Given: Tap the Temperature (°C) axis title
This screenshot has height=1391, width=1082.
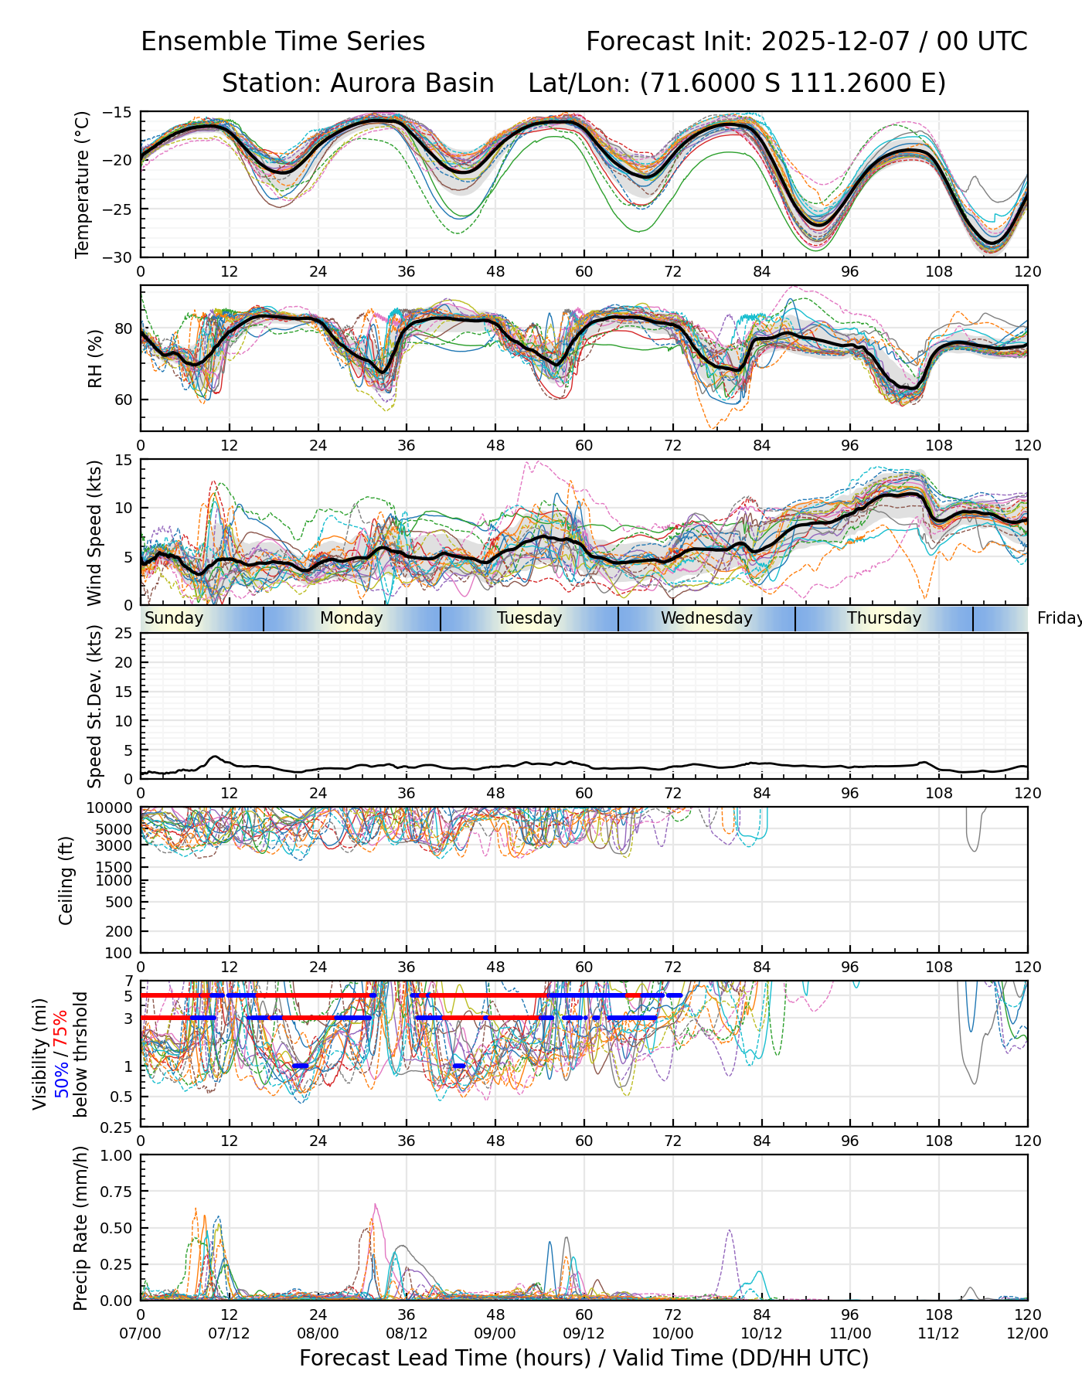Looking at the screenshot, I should tap(83, 184).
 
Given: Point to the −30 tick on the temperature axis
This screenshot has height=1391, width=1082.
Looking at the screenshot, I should tap(122, 257).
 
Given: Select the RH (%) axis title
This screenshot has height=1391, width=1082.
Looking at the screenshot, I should tap(95, 359).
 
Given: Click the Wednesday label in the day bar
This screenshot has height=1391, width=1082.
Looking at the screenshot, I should tap(706, 618).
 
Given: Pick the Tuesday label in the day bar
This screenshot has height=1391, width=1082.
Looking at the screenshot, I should tap(529, 618).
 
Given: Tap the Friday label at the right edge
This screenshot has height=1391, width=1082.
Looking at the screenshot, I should tap(1059, 618).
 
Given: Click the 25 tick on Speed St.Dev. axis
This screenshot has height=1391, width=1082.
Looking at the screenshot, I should tap(126, 634).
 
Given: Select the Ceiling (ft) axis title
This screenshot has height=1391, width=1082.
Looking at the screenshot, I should tap(66, 880).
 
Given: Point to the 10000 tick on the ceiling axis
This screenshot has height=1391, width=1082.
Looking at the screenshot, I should tap(112, 808).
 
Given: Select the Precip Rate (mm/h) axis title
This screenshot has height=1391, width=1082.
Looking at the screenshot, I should tap(80, 1228).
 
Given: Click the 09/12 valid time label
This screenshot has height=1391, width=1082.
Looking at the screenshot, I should tap(584, 1333).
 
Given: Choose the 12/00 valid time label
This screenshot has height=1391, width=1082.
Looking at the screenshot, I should tap(1027, 1333).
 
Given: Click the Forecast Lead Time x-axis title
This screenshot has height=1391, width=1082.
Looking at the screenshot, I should tap(584, 1358).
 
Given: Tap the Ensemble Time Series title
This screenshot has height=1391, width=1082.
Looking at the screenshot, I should tap(283, 41).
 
